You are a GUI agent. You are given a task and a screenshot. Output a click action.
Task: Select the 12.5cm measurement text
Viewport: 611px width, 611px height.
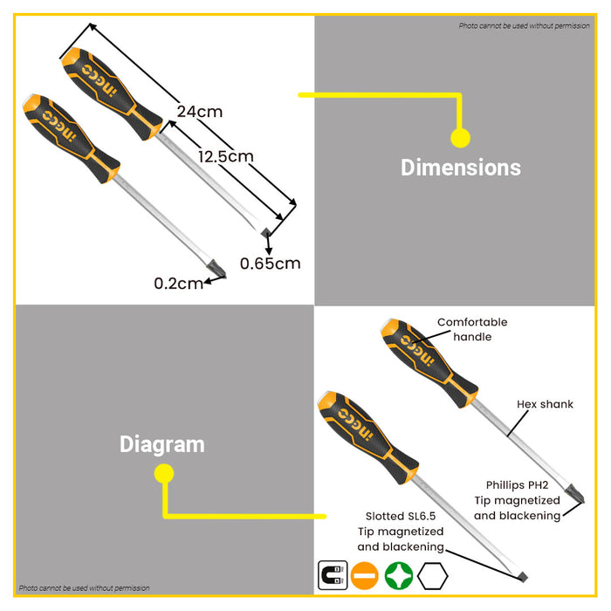(x=225, y=156)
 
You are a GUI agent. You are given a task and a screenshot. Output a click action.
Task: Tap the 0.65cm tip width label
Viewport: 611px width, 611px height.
(x=270, y=263)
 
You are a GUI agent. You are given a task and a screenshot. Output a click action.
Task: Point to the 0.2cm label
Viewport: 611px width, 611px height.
(x=178, y=283)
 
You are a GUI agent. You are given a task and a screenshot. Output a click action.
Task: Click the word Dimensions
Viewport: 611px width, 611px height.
(x=460, y=168)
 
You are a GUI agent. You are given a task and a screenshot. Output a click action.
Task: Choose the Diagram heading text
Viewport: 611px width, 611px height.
(x=162, y=444)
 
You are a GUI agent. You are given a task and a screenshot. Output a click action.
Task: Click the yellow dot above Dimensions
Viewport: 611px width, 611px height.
(x=460, y=137)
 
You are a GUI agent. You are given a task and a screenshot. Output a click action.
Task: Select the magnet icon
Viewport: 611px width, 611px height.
(x=333, y=576)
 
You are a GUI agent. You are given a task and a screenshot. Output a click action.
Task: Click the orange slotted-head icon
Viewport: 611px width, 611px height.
(x=365, y=576)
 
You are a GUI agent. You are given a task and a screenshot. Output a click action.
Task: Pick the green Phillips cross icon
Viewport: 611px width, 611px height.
(x=398, y=576)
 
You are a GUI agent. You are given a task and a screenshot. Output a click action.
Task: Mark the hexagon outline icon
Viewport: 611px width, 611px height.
(x=434, y=576)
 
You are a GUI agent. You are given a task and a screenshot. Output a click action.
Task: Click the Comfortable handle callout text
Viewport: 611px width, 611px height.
(x=471, y=329)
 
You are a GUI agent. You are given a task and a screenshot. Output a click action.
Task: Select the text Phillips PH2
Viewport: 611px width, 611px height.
(x=517, y=484)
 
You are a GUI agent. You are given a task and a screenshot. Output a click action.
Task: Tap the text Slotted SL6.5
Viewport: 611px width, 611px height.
(x=400, y=515)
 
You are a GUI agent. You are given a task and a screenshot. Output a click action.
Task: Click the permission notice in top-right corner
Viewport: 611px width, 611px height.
(x=524, y=26)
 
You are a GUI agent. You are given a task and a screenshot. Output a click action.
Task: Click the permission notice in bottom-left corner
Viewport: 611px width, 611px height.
(x=84, y=588)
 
